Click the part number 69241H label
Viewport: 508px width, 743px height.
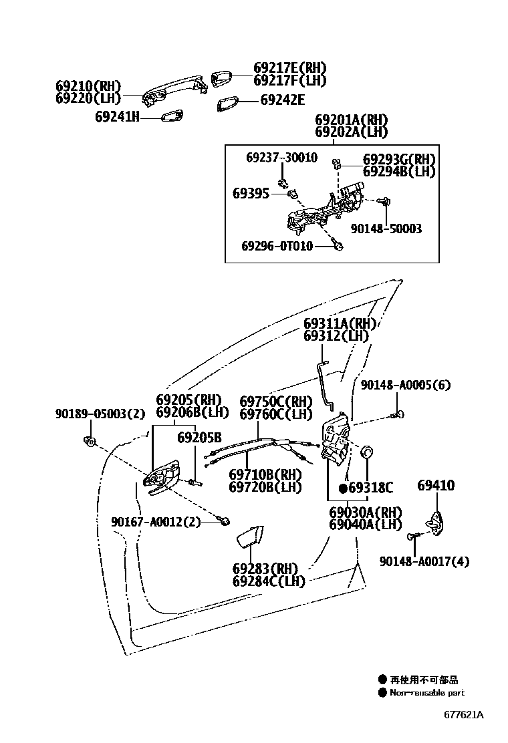click(x=116, y=116)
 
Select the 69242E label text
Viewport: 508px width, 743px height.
click(x=282, y=100)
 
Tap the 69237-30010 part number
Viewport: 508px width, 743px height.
click(x=281, y=158)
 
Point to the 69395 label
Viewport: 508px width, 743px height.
click(x=251, y=194)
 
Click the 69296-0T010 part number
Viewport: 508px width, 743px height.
click(x=277, y=247)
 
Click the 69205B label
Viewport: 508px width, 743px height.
click(x=199, y=438)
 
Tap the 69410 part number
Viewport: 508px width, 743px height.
click(x=436, y=485)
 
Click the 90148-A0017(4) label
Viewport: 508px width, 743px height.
click(x=424, y=561)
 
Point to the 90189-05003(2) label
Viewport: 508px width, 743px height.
click(x=100, y=414)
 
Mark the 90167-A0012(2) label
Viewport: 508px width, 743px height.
click(x=156, y=522)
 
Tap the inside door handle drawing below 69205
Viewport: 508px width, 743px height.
click(x=162, y=475)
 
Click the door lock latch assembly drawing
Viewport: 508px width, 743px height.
click(x=336, y=441)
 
